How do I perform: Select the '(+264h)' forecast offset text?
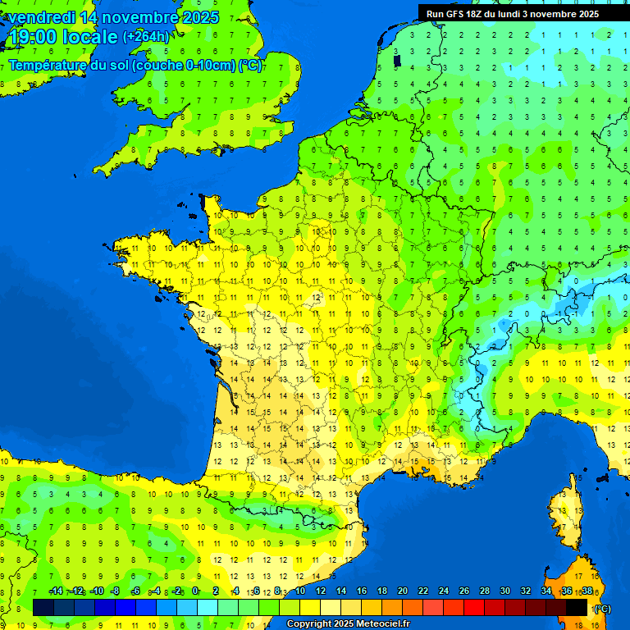pos(146,37)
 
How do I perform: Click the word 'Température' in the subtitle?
pos(48,66)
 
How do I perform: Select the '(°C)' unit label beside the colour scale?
pos(601,608)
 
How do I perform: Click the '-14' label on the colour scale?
pos(56,591)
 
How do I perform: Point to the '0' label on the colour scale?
pos(195,591)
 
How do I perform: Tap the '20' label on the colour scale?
pos(402,591)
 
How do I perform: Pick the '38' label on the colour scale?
pos(587,591)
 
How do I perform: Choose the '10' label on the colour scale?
pos(299,591)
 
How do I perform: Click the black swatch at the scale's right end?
pos(577,607)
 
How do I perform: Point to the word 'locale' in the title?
pos(89,37)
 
